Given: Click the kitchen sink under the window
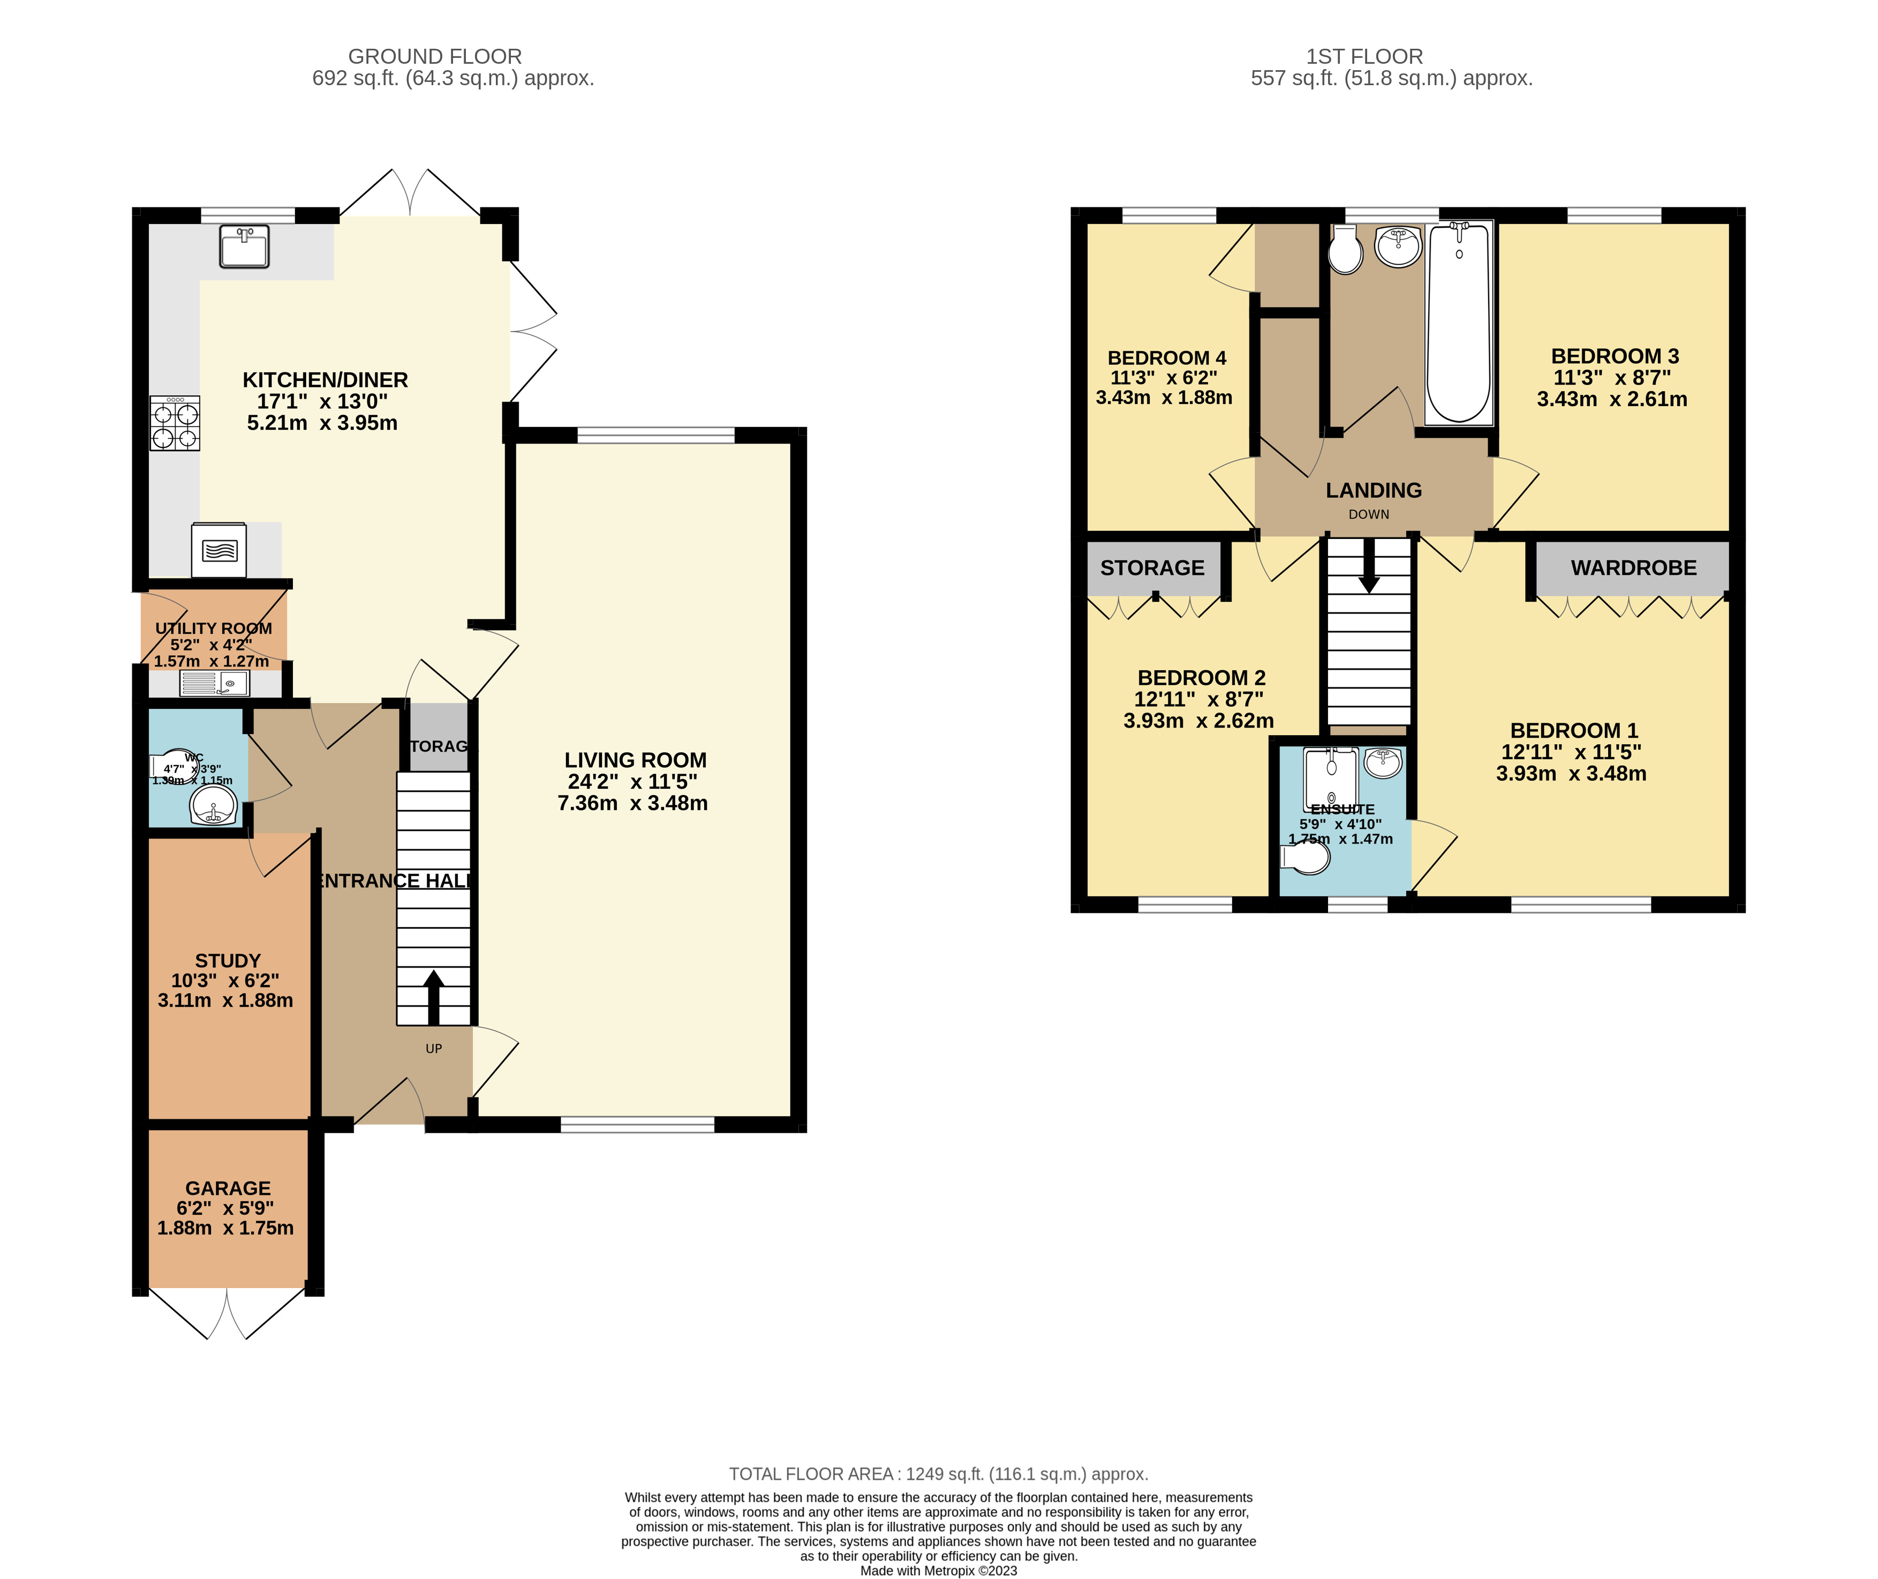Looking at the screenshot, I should point(244,247).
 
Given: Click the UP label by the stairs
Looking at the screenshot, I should point(434,1048).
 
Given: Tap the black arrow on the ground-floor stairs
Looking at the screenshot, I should point(433,996).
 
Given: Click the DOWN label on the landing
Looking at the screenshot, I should point(1369,514).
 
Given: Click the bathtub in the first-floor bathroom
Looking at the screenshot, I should point(1458,324).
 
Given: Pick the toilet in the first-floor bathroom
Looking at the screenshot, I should point(1345,251).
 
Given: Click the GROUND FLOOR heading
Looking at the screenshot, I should point(435,56).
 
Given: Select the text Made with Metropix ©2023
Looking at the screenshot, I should point(939,1570).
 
